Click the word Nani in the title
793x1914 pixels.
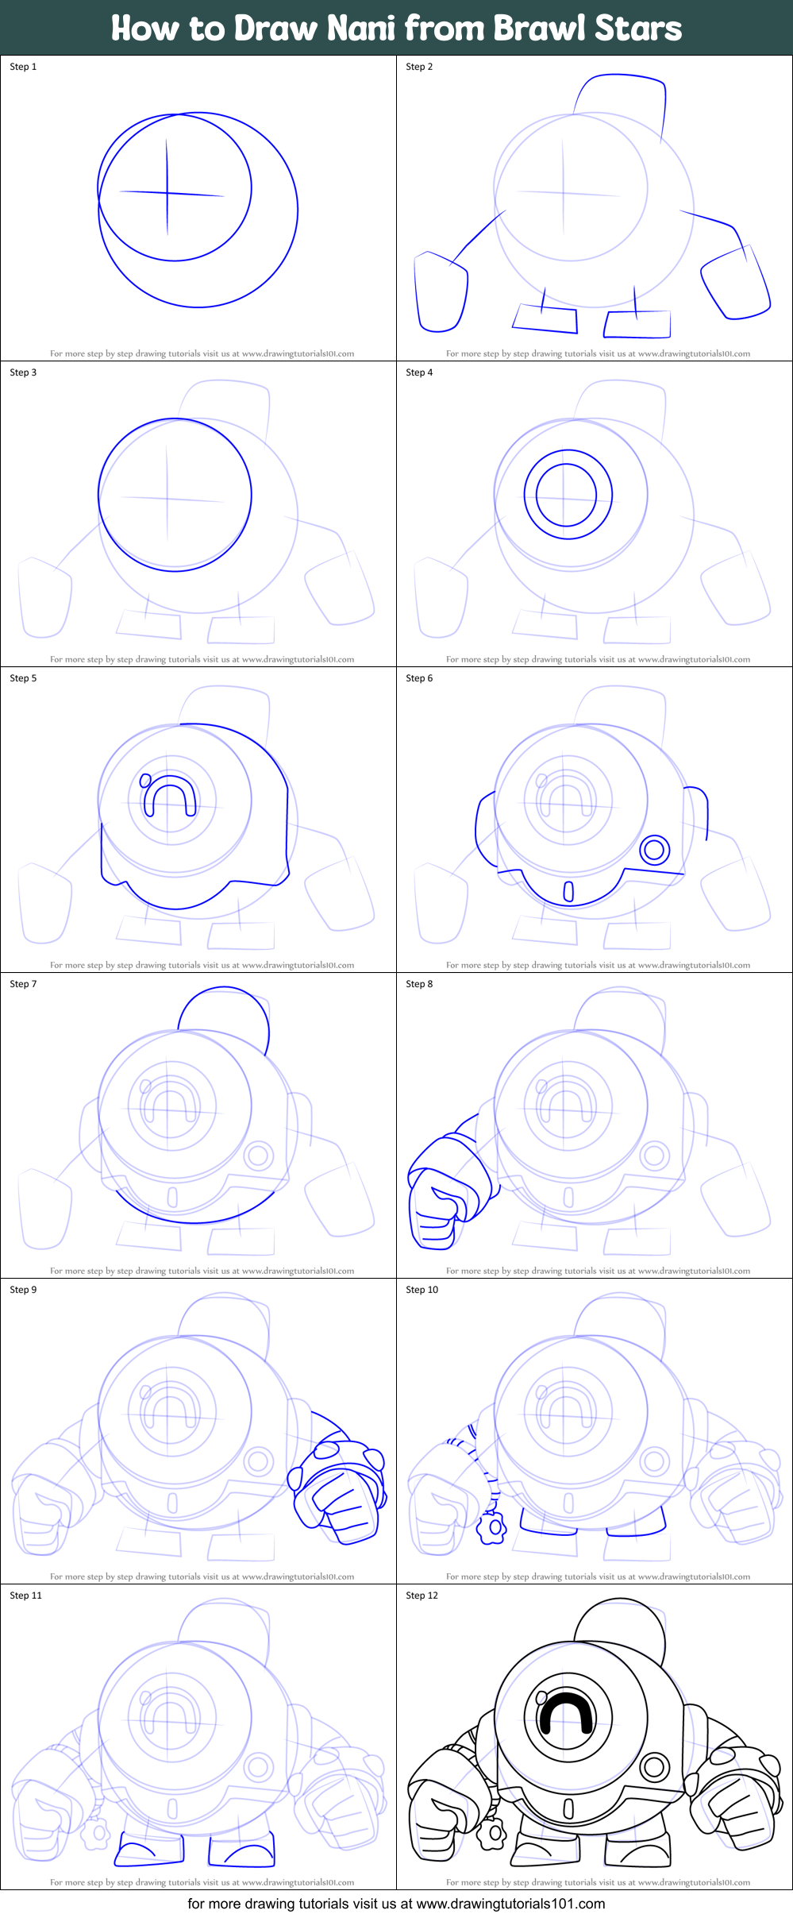pyautogui.click(x=361, y=29)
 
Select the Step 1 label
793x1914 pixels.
pyautogui.click(x=23, y=67)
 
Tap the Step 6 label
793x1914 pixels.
pyautogui.click(x=419, y=678)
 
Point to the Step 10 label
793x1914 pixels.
pyautogui.click(x=422, y=1290)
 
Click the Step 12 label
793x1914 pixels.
pyautogui.click(x=422, y=1596)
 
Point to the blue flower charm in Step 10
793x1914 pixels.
pyautogui.click(x=492, y=1527)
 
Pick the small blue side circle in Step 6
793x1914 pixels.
pyautogui.click(x=654, y=850)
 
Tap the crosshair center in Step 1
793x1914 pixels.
pyautogui.click(x=167, y=192)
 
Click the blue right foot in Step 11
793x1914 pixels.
pyautogui.click(x=241, y=1852)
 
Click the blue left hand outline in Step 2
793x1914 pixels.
pyautogui.click(x=440, y=292)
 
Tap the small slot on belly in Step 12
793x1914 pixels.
pyautogui.click(x=568, y=1808)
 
